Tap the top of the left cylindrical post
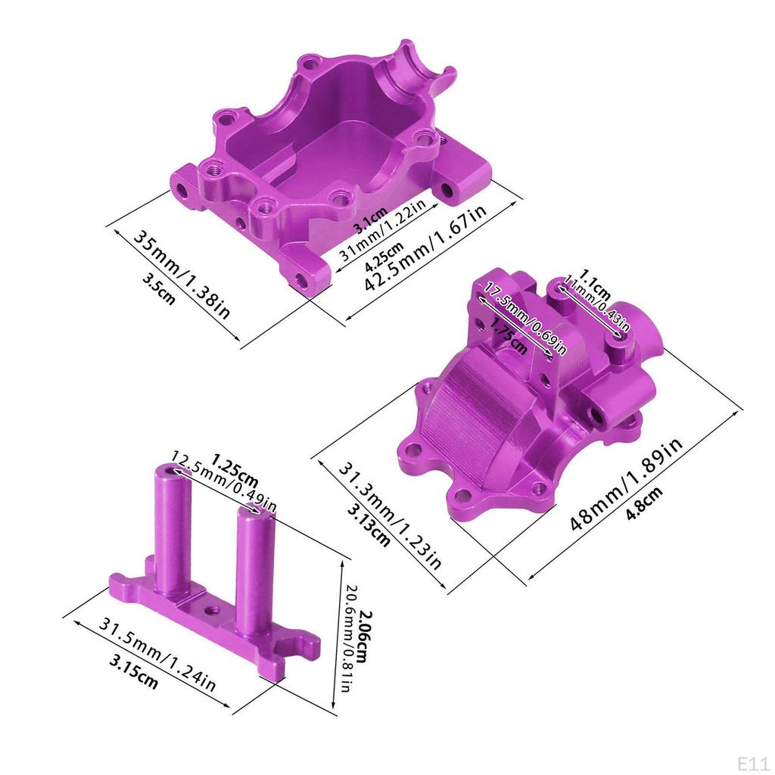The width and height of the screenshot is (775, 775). point(168,472)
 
